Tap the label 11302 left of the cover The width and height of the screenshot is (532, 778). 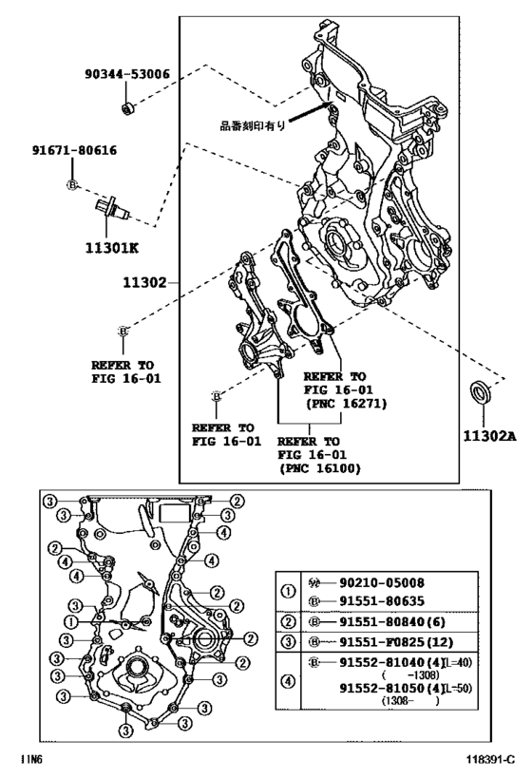(143, 282)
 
